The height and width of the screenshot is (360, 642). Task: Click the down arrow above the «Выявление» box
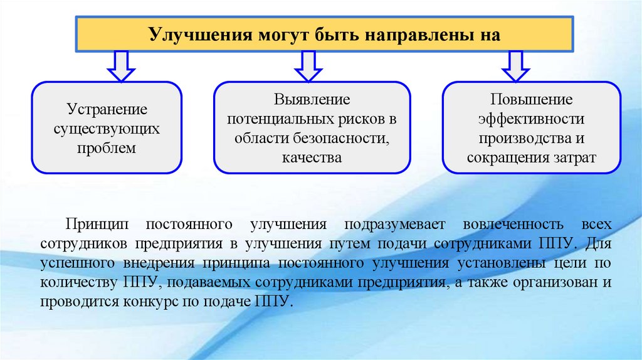click(x=308, y=66)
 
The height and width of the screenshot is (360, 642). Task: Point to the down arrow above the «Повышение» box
click(x=515, y=66)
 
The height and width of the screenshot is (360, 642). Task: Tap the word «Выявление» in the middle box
click(x=312, y=100)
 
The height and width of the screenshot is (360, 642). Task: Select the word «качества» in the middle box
click(x=312, y=157)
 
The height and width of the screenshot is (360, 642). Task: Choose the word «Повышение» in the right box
click(x=532, y=100)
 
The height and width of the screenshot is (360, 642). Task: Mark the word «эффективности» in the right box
click(x=532, y=119)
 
